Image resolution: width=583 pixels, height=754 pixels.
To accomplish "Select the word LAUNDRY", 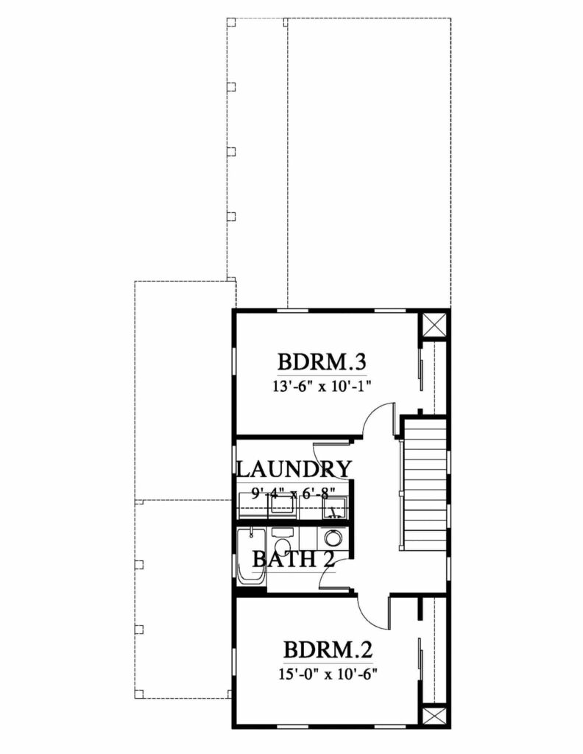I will (x=294, y=469).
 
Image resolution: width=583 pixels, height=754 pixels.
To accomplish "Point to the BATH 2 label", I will (x=294, y=559).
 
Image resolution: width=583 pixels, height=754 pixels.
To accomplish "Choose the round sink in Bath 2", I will (x=333, y=538).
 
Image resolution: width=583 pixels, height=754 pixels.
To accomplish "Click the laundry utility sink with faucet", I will (x=335, y=507).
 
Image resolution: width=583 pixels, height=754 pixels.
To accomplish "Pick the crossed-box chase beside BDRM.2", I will (x=433, y=716).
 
